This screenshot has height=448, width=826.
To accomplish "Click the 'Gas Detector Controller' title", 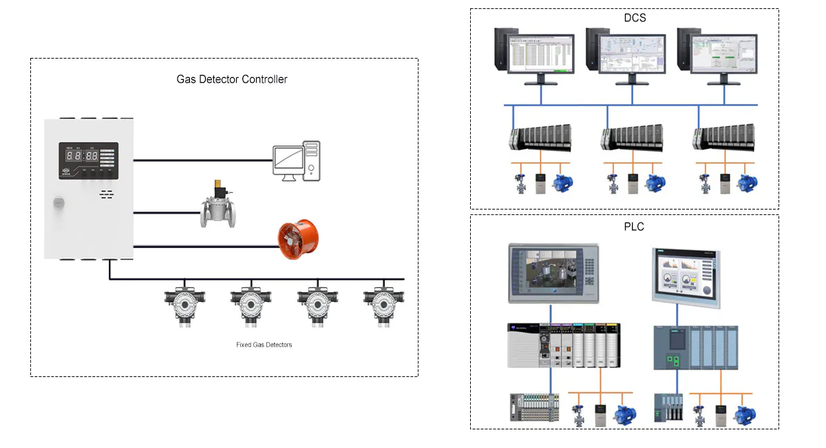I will pos(232,79).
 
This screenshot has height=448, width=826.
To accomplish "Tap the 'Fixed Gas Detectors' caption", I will pos(264,345).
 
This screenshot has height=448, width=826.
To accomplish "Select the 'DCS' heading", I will pos(633,18).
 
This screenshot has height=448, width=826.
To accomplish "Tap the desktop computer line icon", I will pos(297,161).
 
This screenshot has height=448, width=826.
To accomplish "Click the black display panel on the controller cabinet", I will pos(88,161).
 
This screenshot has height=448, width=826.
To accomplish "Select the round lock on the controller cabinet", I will pos(59,203).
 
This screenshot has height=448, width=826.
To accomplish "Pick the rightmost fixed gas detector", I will pos(382,303).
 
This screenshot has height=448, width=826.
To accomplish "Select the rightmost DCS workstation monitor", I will pos(722,55).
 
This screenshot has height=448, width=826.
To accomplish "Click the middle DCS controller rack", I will pos(632,138).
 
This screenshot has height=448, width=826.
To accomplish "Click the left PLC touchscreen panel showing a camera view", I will pos(553,273).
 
